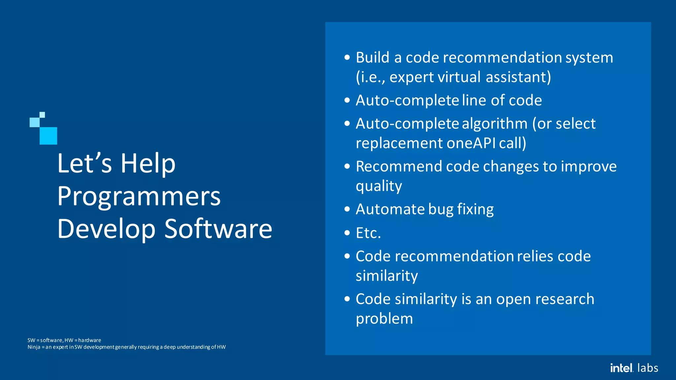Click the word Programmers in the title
(x=139, y=197)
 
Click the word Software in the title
(x=218, y=229)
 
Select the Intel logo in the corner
(x=622, y=368)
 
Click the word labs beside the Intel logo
(x=648, y=368)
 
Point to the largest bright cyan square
(x=48, y=136)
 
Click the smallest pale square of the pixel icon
(x=42, y=115)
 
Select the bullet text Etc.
(x=368, y=233)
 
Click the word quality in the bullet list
(x=379, y=186)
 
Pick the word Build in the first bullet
(x=372, y=57)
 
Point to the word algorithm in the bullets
(x=494, y=124)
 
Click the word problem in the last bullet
(x=384, y=319)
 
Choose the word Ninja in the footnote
(x=34, y=347)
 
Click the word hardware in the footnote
(x=89, y=340)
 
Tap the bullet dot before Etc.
(x=347, y=233)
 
